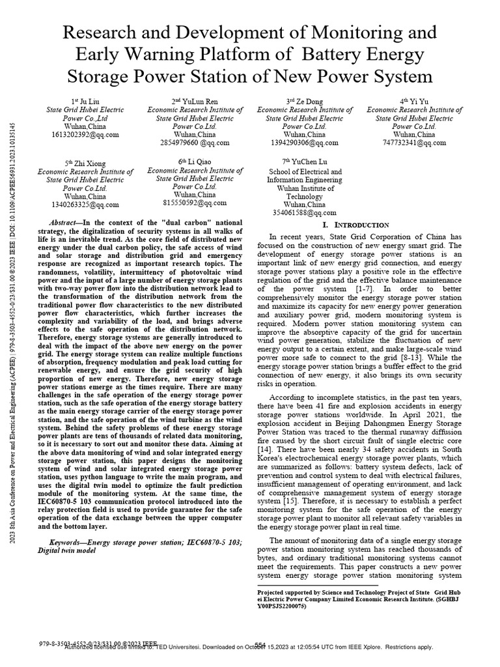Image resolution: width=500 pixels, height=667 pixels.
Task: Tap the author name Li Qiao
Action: [204, 160]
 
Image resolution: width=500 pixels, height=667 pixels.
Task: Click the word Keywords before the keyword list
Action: [67, 542]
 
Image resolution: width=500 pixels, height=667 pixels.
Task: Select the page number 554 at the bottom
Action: [261, 644]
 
